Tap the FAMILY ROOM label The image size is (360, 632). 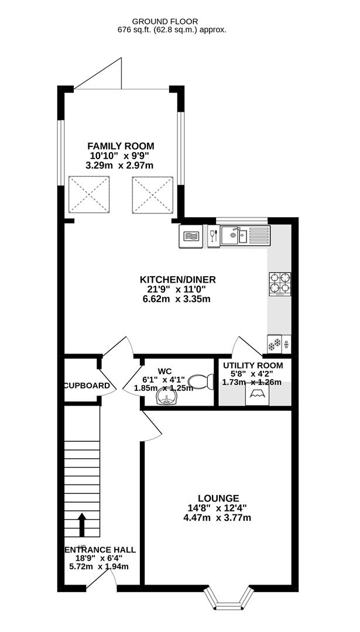pos(121,146)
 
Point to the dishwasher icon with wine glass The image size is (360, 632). pos(213,236)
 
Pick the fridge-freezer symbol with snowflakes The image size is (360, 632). pos(279,344)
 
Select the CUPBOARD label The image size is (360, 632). pos(87,386)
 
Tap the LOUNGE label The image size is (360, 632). pos(218,498)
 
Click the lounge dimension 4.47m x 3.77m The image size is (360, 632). pos(218,517)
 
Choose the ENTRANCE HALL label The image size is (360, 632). pos(100,549)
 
